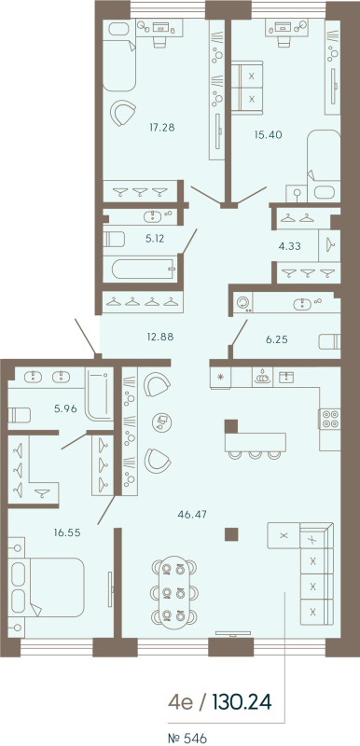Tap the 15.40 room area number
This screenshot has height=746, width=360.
click(x=268, y=134)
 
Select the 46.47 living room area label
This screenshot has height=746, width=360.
click(x=192, y=513)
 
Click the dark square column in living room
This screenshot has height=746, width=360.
click(x=231, y=533)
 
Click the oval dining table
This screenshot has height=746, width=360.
click(x=173, y=590)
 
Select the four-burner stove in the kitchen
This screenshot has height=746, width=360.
click(x=330, y=419)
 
